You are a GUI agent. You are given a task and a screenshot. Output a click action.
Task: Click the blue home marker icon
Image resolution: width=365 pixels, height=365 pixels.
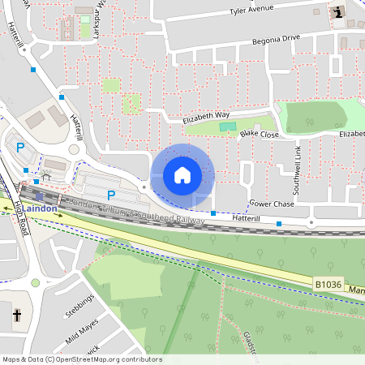pos(182,174)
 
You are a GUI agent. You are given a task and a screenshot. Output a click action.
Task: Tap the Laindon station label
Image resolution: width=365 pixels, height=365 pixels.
pos(41,208)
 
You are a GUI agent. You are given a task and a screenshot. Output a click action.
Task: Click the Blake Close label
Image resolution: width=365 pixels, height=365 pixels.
pos(260,134)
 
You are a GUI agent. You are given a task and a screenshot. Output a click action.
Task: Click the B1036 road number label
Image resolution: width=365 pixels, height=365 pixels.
pos(327,283)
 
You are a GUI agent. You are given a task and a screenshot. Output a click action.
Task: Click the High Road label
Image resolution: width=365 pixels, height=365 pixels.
pos(21,217)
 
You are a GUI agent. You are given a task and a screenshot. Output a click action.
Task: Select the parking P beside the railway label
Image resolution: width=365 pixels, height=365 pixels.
pos(111,195)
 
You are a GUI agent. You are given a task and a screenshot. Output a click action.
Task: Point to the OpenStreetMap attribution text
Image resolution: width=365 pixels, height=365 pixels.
pos(81,359)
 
